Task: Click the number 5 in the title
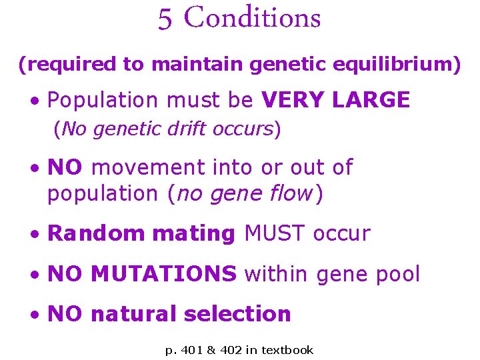165,19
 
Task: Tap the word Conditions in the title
252,18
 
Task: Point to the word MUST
274,234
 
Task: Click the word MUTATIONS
163,274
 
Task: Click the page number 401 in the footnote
192,349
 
